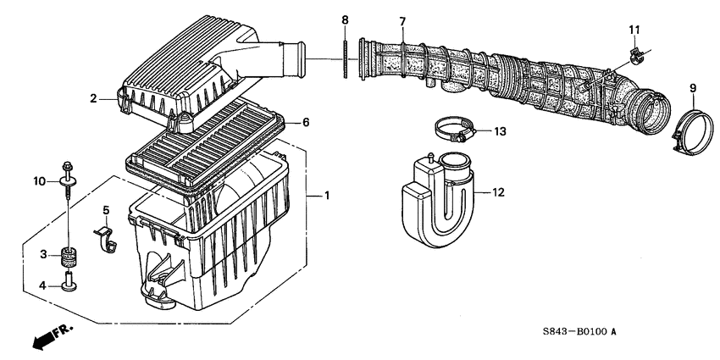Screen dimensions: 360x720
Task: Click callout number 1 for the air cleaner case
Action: (x=328, y=197)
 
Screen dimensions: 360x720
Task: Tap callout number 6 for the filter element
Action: (x=306, y=123)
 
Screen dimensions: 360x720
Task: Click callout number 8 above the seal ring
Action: (x=345, y=19)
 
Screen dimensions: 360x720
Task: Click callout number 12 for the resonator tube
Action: (x=498, y=193)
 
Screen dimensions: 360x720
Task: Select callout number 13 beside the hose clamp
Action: (x=500, y=131)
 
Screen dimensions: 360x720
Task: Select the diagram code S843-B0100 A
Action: (x=573, y=332)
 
